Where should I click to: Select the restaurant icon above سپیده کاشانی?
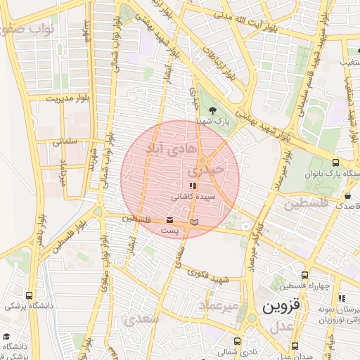[193, 186]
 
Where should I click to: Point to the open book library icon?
[195, 222]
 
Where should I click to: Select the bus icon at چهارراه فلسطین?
[304, 276]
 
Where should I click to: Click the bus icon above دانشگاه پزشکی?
[29, 295]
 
